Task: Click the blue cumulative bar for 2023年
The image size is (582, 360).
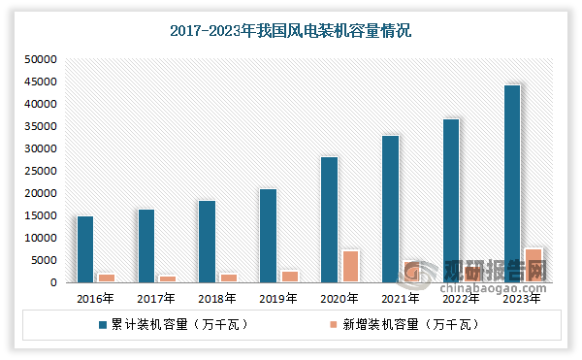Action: coord(511,183)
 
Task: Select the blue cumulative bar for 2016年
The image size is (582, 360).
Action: coord(85,248)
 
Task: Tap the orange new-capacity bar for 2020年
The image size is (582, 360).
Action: coord(350,266)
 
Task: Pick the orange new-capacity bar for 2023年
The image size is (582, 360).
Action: coord(533,265)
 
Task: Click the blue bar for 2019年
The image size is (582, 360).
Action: coord(268,235)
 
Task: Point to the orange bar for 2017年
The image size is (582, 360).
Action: coord(167,278)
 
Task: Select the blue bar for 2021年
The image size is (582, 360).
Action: coord(389,209)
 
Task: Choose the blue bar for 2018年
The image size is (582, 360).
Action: coord(207,241)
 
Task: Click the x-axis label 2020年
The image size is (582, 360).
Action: coord(339,299)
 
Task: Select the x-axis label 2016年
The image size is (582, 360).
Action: coord(96,299)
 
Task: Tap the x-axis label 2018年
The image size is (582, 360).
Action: coord(217,299)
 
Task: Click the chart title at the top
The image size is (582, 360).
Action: coord(290,31)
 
